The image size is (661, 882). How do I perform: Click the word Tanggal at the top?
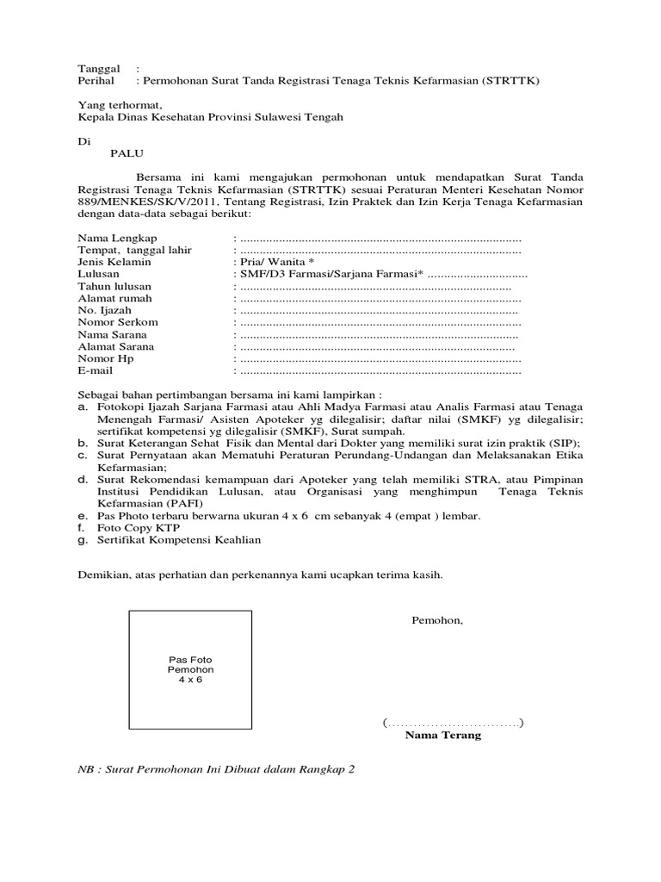click(97, 69)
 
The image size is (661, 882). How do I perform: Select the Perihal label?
click(96, 81)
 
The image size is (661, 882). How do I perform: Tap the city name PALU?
click(127, 154)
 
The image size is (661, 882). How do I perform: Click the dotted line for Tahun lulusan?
click(375, 286)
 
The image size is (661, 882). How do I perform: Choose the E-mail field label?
click(96, 370)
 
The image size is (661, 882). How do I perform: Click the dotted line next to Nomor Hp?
click(380, 358)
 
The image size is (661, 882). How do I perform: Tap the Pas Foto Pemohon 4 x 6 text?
click(190, 669)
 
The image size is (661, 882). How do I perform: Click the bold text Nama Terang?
click(443, 736)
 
